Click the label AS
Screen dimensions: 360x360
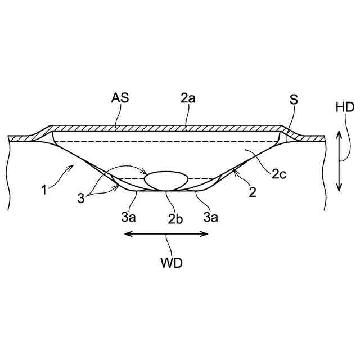click(120, 98)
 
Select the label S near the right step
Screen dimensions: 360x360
click(294, 100)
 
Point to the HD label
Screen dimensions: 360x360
click(344, 107)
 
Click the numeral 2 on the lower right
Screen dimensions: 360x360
click(253, 192)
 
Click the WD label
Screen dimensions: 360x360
click(170, 263)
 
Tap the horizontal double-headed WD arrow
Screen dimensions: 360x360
click(166, 235)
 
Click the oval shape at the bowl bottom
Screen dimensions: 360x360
click(166, 180)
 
